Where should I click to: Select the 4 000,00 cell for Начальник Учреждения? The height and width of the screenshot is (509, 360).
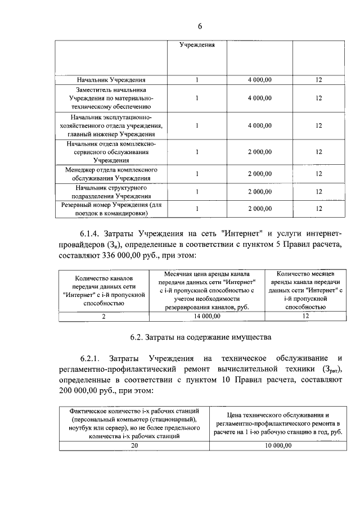pyautogui.click(x=259, y=80)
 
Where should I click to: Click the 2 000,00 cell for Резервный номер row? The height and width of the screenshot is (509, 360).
pyautogui.click(x=259, y=209)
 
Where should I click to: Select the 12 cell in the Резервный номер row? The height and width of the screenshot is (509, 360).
pyautogui.click(x=318, y=209)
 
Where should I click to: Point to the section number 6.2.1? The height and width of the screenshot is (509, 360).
pyautogui.click(x=92, y=358)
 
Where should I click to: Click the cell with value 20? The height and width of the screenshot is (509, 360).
pyautogui.click(x=134, y=445)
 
